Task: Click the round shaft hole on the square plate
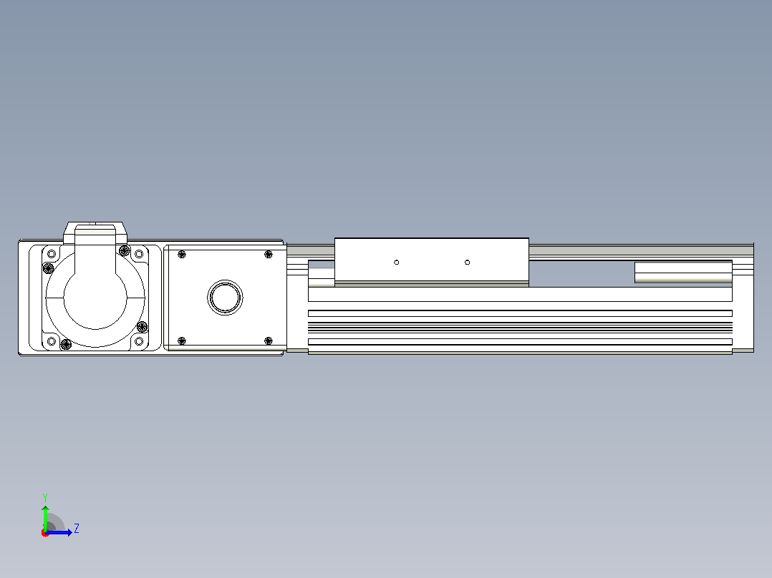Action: [225, 297]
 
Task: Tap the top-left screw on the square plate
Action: [182, 255]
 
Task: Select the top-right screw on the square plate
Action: [269, 255]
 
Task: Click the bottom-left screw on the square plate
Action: [182, 341]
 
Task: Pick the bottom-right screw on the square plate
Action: [269, 341]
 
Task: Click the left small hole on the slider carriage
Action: [396, 263]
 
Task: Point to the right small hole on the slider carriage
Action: [467, 263]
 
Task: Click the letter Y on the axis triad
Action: [45, 497]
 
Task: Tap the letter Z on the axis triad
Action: [77, 529]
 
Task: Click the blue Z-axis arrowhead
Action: [69, 532]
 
